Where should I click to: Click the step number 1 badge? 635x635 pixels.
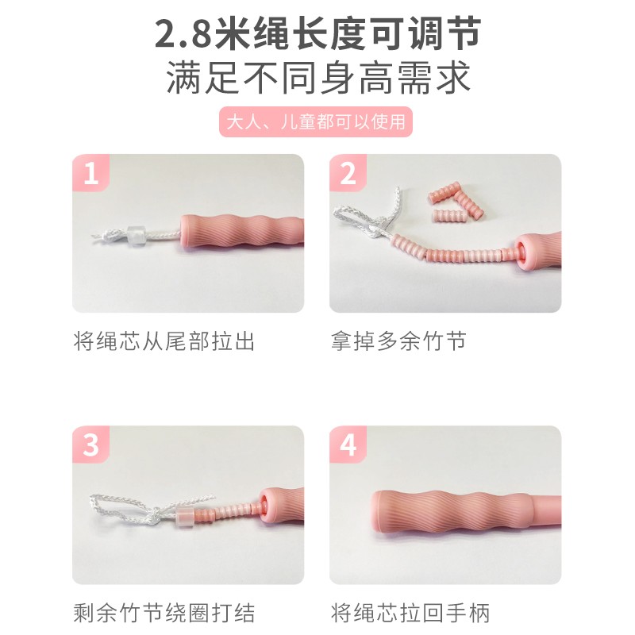click(90, 173)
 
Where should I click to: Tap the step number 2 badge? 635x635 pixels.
click(348, 173)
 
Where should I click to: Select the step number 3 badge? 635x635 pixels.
click(90, 444)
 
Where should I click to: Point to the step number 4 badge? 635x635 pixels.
click(348, 444)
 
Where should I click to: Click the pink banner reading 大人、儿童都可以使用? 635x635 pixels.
click(316, 122)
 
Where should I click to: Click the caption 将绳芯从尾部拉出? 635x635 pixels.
click(164, 341)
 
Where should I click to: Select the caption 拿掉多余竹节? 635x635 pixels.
click(398, 341)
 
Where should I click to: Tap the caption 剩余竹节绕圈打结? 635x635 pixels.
click(164, 613)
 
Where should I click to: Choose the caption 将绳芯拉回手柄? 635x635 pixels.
click(410, 613)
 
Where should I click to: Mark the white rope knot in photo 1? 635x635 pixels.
click(110, 236)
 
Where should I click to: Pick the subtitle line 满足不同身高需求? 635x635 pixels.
click(318, 77)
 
